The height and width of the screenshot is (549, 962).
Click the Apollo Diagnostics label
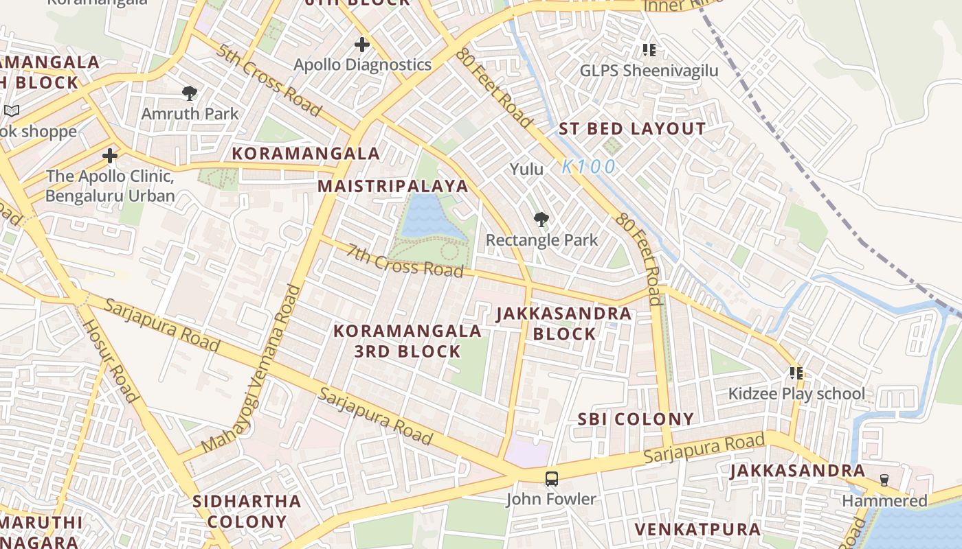click(x=362, y=65)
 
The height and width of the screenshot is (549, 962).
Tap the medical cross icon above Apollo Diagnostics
click(x=362, y=45)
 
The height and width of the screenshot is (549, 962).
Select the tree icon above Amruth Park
click(x=190, y=93)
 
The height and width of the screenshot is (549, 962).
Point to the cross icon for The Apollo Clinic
click(x=110, y=156)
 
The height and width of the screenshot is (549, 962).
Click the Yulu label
click(x=526, y=169)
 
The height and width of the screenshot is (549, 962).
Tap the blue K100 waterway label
click(x=588, y=167)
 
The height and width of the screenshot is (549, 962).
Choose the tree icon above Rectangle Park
click(x=541, y=220)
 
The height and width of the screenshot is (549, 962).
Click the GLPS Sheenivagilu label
click(x=649, y=71)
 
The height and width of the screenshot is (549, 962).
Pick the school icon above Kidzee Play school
click(x=796, y=373)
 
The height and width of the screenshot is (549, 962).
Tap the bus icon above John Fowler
click(x=551, y=479)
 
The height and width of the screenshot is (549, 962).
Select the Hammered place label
click(x=884, y=501)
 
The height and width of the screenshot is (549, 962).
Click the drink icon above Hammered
click(x=884, y=480)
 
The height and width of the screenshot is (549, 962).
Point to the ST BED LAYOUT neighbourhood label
click(x=631, y=129)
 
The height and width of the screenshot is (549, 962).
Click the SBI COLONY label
click(x=636, y=419)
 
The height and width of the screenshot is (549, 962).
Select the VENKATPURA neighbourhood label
click(x=697, y=530)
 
